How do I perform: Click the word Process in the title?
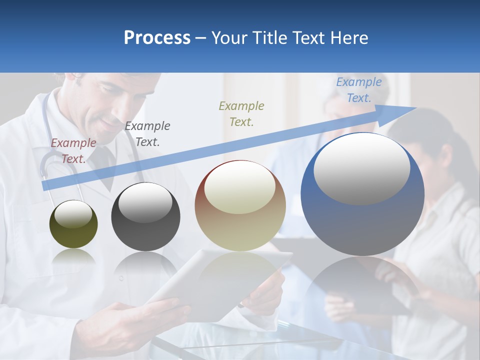pyautogui.click(x=157, y=38)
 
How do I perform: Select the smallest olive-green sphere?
pyautogui.click(x=73, y=224)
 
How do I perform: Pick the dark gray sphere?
pyautogui.click(x=145, y=217)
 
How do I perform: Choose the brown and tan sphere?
pyautogui.click(x=240, y=205)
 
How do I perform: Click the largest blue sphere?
pyautogui.click(x=362, y=194)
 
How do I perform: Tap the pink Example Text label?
pyautogui.click(x=73, y=150)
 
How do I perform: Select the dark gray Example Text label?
pyautogui.click(x=147, y=133)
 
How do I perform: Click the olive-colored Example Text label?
pyautogui.click(x=241, y=113)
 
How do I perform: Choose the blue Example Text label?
pyautogui.click(x=359, y=90)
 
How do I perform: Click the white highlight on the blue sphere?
pyautogui.click(x=361, y=167)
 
